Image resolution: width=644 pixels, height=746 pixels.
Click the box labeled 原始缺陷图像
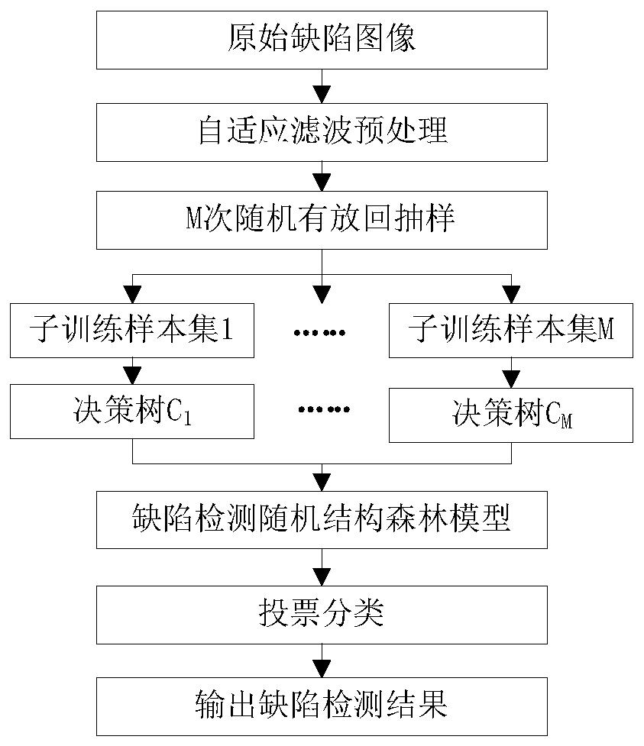pyautogui.click(x=322, y=38)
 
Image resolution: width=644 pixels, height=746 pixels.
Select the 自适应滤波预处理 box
pyautogui.click(x=322, y=131)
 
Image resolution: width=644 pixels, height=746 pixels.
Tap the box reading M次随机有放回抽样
pyautogui.click(x=322, y=220)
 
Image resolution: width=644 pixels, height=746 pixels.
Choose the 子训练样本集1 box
pyautogui.click(x=132, y=330)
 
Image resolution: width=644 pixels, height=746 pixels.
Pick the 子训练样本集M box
pyautogui.click(x=511, y=330)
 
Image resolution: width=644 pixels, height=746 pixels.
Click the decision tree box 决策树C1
pyautogui.click(x=132, y=411)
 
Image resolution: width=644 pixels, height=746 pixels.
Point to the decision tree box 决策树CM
pyautogui.click(x=511, y=415)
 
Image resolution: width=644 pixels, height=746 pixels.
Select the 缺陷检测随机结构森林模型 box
pyautogui.click(x=322, y=519)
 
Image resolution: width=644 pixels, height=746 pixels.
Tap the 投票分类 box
pyautogui.click(x=322, y=614)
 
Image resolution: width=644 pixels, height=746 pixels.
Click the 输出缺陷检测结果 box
pyautogui.click(x=322, y=704)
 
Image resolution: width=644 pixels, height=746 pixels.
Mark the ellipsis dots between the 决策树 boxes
pyautogui.click(x=321, y=409)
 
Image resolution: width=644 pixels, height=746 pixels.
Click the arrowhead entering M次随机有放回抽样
pyautogui.click(x=322, y=183)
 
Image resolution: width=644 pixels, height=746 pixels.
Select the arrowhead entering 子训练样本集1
pyautogui.click(x=132, y=293)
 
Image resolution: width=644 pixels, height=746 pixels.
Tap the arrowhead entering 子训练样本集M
pyautogui.click(x=511, y=293)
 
